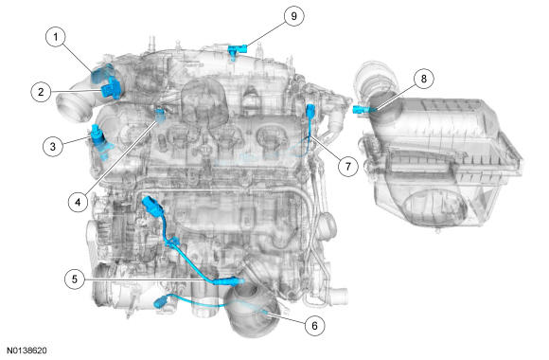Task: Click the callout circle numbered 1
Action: pos(56,37)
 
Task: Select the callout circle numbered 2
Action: pos(41,92)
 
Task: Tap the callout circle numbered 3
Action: pos(53,146)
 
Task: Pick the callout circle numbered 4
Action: pos(78,202)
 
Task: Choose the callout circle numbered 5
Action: pos(75,279)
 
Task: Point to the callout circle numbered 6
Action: pos(314,326)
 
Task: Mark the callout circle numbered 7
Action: pos(348,166)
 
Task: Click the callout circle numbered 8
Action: pos(424,79)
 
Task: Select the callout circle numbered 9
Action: pos(293,16)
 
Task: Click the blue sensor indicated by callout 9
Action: pos(237,50)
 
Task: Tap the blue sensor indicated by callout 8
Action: pos(362,109)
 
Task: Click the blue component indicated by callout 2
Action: pos(111,88)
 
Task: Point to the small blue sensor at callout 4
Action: pos(160,115)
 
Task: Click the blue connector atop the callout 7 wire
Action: pos(310,110)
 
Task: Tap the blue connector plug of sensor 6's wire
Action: pos(162,301)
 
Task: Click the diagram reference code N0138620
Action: pos(27,351)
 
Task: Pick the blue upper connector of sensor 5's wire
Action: pos(151,206)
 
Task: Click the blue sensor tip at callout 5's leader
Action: pos(229,281)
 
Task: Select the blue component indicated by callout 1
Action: pos(101,73)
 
